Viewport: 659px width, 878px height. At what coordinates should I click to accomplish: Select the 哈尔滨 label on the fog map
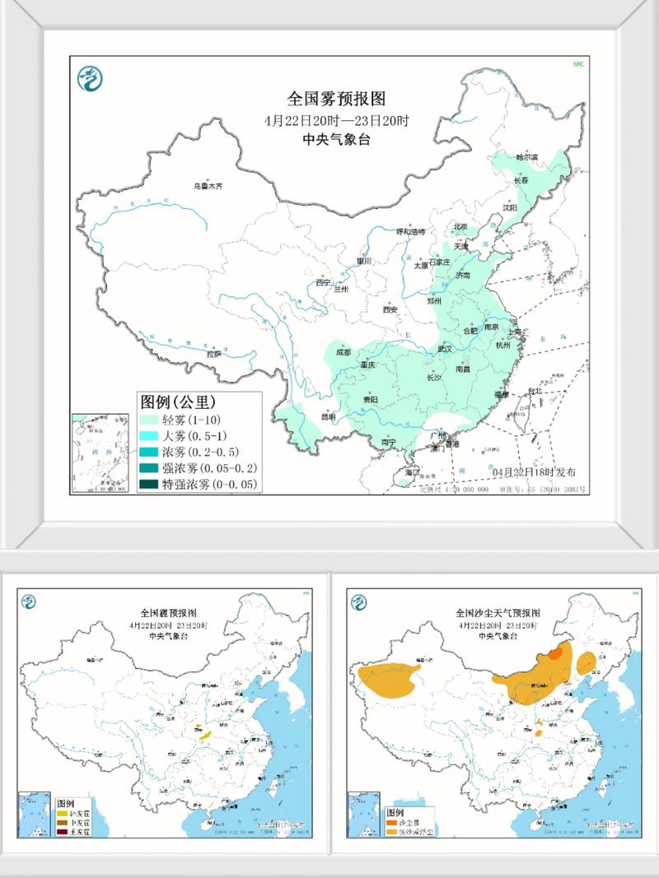pos(526,156)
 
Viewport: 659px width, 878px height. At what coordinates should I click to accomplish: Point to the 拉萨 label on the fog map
pos(213,353)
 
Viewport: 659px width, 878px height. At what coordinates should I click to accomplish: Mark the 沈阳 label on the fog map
pos(511,208)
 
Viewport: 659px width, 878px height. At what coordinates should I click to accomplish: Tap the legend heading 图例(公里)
pos(177,402)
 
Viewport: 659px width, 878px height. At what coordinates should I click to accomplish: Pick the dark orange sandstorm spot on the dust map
pos(558,654)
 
